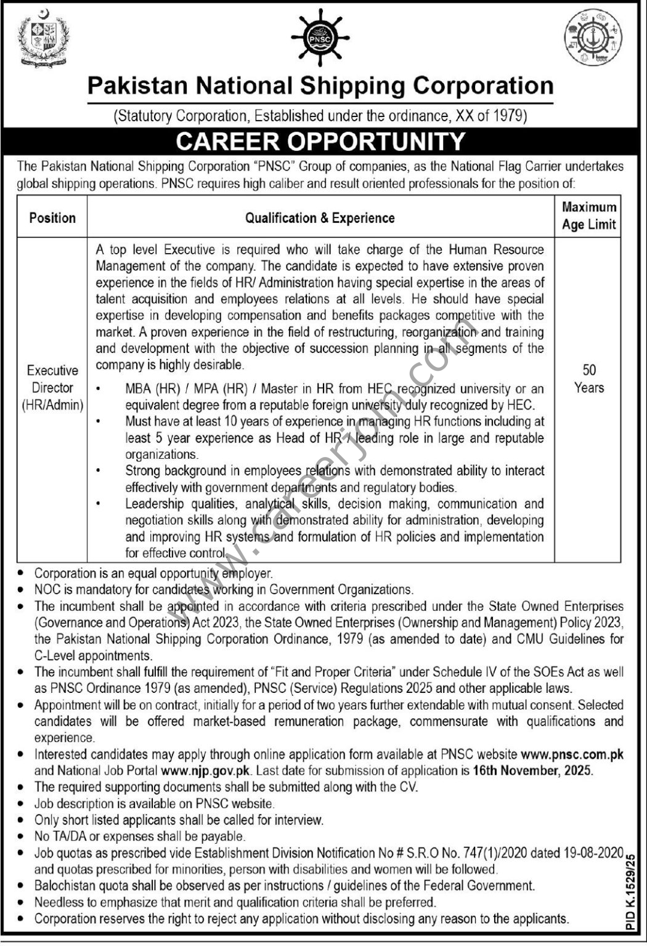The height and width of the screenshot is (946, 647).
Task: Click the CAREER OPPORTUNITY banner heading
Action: pyautogui.click(x=320, y=141)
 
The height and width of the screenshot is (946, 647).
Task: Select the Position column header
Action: pyautogui.click(x=52, y=218)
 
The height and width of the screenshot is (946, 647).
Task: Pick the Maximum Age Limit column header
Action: pyautogui.click(x=588, y=216)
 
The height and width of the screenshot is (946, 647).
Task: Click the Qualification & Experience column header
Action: pyautogui.click(x=320, y=218)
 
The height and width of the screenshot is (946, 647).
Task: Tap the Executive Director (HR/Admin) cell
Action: pyautogui.click(x=52, y=388)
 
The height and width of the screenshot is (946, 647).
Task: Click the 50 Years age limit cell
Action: pyautogui.click(x=588, y=379)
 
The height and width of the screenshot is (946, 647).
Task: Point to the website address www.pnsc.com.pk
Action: pyautogui.click(x=572, y=754)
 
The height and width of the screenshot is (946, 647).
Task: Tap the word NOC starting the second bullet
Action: pyautogui.click(x=46, y=589)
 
